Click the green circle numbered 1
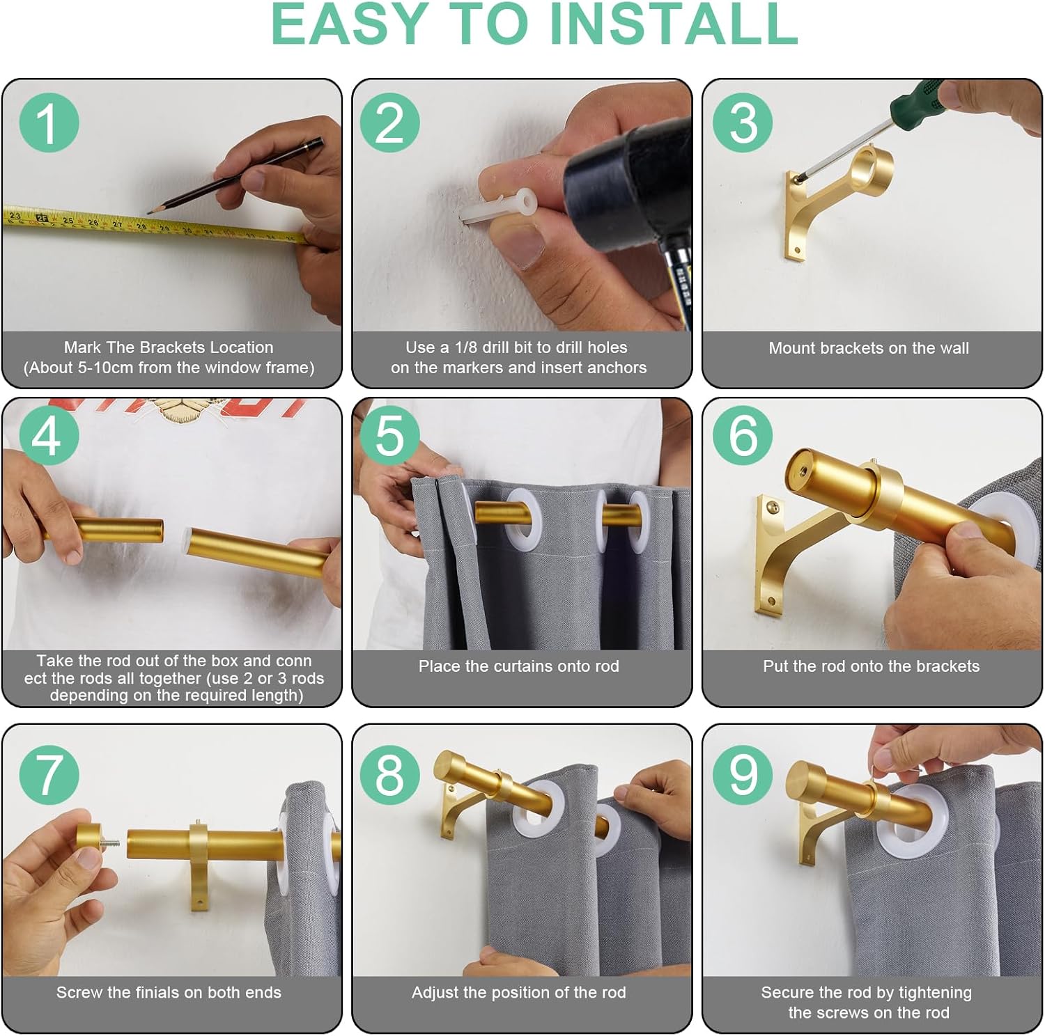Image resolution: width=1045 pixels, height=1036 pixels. click(49, 123)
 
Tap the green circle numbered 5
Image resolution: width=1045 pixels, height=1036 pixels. click(390, 435)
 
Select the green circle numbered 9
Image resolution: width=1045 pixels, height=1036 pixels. click(742, 774)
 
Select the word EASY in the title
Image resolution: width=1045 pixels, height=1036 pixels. click(348, 24)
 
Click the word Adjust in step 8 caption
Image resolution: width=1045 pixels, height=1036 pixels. click(434, 994)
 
